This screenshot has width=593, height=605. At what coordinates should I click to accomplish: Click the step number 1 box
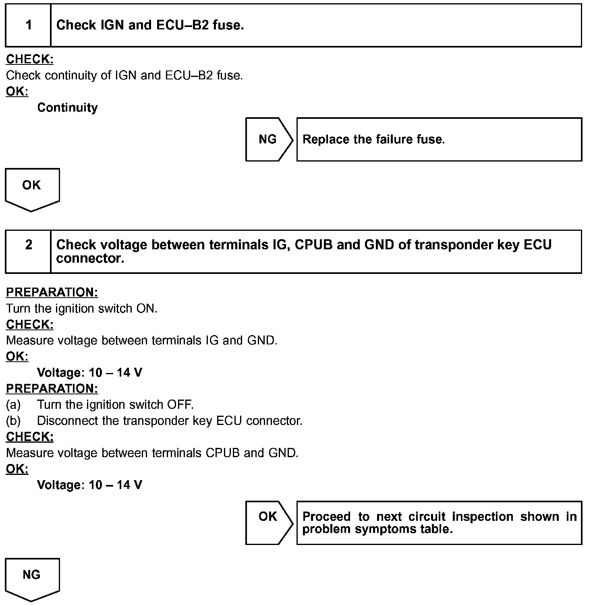(x=28, y=25)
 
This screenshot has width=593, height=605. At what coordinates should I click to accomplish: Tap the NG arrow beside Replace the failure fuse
(x=268, y=139)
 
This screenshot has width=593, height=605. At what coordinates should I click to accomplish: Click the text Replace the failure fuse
(x=373, y=139)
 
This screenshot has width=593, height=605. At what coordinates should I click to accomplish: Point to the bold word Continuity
(x=67, y=108)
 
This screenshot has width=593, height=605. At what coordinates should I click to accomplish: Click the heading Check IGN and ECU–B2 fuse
(x=150, y=25)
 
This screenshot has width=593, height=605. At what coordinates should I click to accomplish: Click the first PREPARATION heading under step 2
(x=52, y=292)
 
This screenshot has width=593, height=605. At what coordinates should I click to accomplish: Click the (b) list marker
(x=13, y=421)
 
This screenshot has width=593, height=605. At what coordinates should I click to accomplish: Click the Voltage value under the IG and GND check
(x=89, y=373)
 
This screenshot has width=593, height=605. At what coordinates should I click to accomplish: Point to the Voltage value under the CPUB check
(x=89, y=485)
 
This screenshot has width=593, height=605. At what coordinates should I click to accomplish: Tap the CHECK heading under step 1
(x=30, y=60)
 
